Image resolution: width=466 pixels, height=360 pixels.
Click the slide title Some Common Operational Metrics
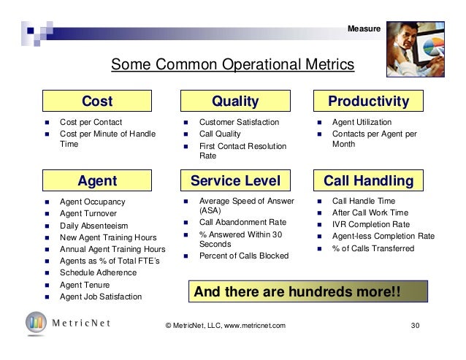click(232, 67)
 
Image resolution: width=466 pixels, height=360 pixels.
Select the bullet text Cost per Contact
click(91, 122)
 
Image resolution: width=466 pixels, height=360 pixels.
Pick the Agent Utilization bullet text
click(362, 122)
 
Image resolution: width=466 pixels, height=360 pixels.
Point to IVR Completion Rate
click(370, 225)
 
